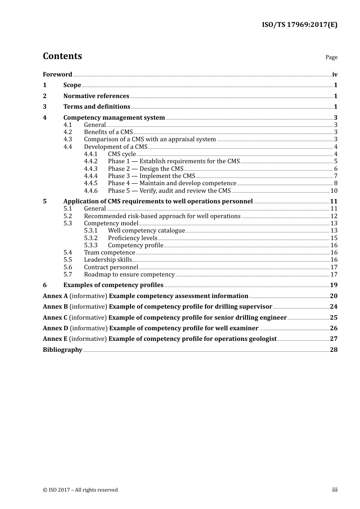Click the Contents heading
coord(62,56)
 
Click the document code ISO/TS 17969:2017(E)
coord(299,25)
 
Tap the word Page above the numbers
coord(331,57)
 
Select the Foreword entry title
coord(57,74)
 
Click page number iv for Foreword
coord(335,74)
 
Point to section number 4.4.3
coord(91,169)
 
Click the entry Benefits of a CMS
coord(108,132)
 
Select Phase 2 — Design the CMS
coord(146,169)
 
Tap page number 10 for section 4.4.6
coord(334,190)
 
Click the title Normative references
coord(96,96)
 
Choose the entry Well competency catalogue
coord(146,230)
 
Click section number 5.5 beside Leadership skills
coord(67,259)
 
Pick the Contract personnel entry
coord(111,267)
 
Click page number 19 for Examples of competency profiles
coord(333,285)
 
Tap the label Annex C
coord(55,317)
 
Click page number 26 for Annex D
coord(333,328)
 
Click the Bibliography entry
coord(63,350)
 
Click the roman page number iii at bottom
coord(335,489)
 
